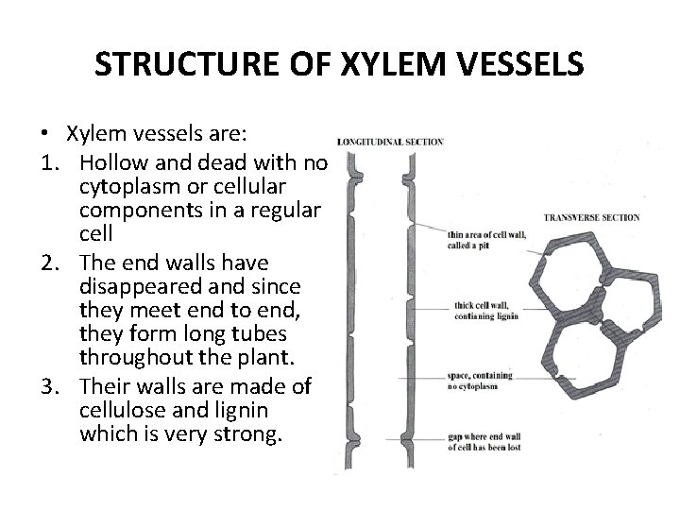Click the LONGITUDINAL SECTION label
click(x=390, y=142)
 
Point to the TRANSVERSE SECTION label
click(x=592, y=217)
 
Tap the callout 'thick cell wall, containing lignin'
click(x=484, y=311)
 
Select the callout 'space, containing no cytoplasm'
click(x=480, y=380)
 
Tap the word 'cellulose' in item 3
click(x=126, y=410)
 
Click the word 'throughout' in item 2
click(x=130, y=360)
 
